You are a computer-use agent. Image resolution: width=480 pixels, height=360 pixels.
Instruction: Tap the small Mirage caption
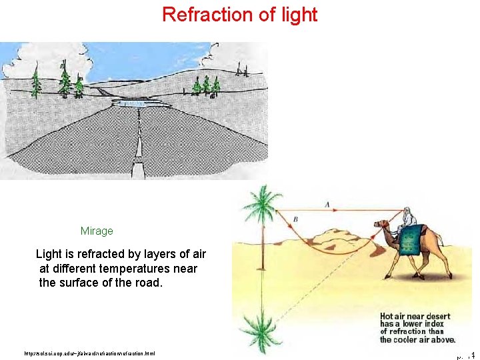tap(97, 231)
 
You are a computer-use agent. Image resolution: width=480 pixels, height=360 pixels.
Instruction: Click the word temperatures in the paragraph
tap(155, 269)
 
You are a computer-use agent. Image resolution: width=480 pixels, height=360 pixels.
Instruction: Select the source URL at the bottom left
tap(89, 353)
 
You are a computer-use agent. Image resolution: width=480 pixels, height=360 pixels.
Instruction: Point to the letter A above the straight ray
tap(326, 204)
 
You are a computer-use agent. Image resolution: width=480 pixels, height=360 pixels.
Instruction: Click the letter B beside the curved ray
tap(295, 220)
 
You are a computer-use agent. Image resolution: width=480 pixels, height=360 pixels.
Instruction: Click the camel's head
tap(381, 225)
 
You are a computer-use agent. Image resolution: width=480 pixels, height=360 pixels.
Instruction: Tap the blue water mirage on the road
tap(138, 103)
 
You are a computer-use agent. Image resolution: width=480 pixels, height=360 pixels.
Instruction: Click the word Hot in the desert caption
tap(387, 317)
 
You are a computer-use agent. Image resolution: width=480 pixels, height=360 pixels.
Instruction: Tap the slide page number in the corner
tap(465, 355)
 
